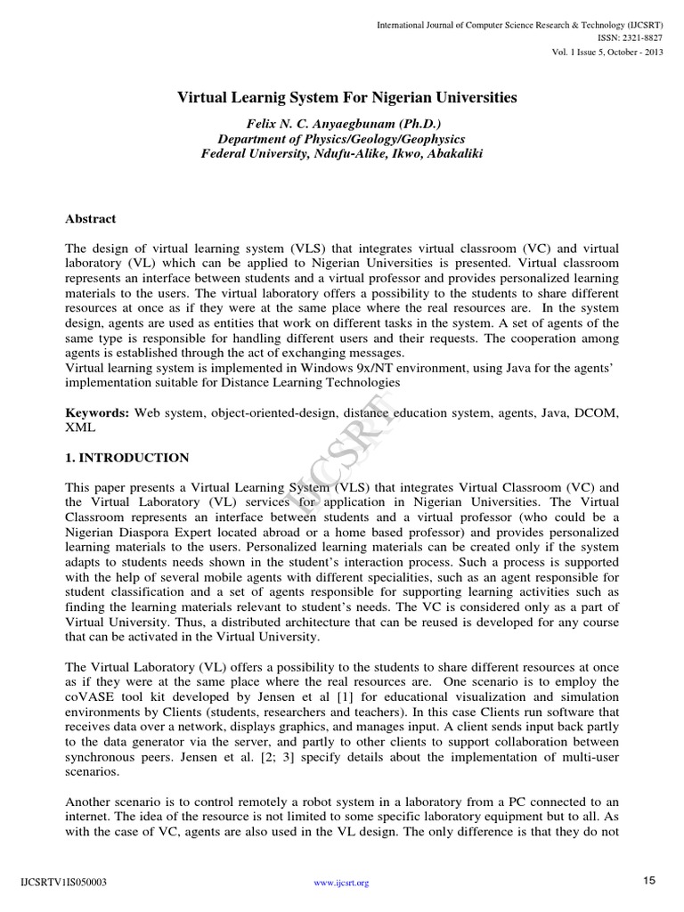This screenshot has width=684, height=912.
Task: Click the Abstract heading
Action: click(91, 218)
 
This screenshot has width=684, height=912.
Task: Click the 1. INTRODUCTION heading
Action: click(127, 458)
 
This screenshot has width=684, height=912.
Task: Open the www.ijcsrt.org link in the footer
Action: click(342, 883)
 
